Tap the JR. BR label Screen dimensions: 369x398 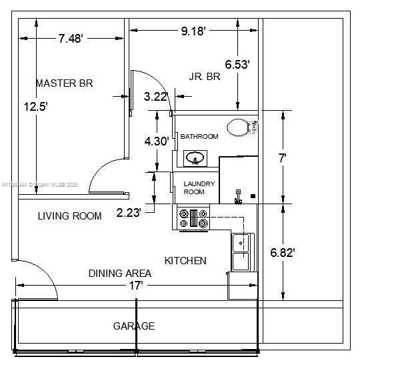[x=205, y=77]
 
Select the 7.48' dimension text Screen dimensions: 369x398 [x=70, y=39]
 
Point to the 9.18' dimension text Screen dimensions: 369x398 [x=193, y=30]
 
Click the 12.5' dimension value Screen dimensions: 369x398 [x=35, y=106]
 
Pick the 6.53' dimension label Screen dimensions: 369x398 [x=237, y=65]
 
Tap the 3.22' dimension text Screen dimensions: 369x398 [x=155, y=97]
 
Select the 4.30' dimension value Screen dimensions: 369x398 [x=157, y=141]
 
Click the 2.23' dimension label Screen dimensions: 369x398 [x=129, y=213]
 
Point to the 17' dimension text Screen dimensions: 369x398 [x=136, y=285]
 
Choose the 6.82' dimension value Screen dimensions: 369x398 [x=283, y=253]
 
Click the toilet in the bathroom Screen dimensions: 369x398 [x=240, y=127]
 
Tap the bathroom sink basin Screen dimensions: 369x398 [x=195, y=158]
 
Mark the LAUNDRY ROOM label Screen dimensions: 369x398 [x=199, y=188]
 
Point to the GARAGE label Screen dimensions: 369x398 [x=133, y=326]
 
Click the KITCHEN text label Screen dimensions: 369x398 [x=185, y=261]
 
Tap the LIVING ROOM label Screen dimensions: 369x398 [x=69, y=216]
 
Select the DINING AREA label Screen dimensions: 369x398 [x=120, y=273]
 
